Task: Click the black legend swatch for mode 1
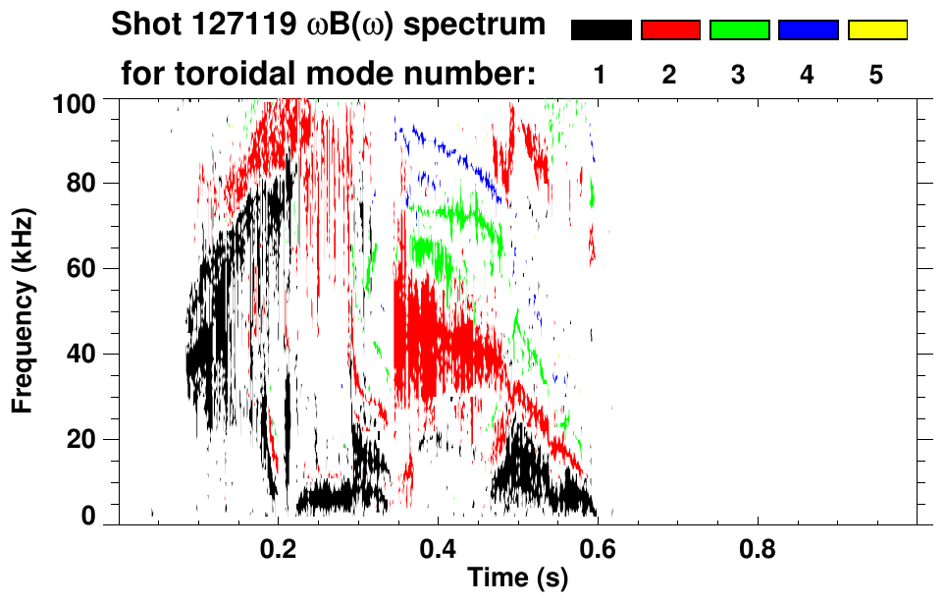pyautogui.click(x=601, y=30)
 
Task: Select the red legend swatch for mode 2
pyautogui.click(x=670, y=30)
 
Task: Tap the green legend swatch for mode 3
pyautogui.click(x=739, y=30)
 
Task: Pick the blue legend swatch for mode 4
pyautogui.click(x=808, y=30)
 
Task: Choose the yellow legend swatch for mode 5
pyautogui.click(x=877, y=30)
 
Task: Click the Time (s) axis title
pyautogui.click(x=517, y=578)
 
